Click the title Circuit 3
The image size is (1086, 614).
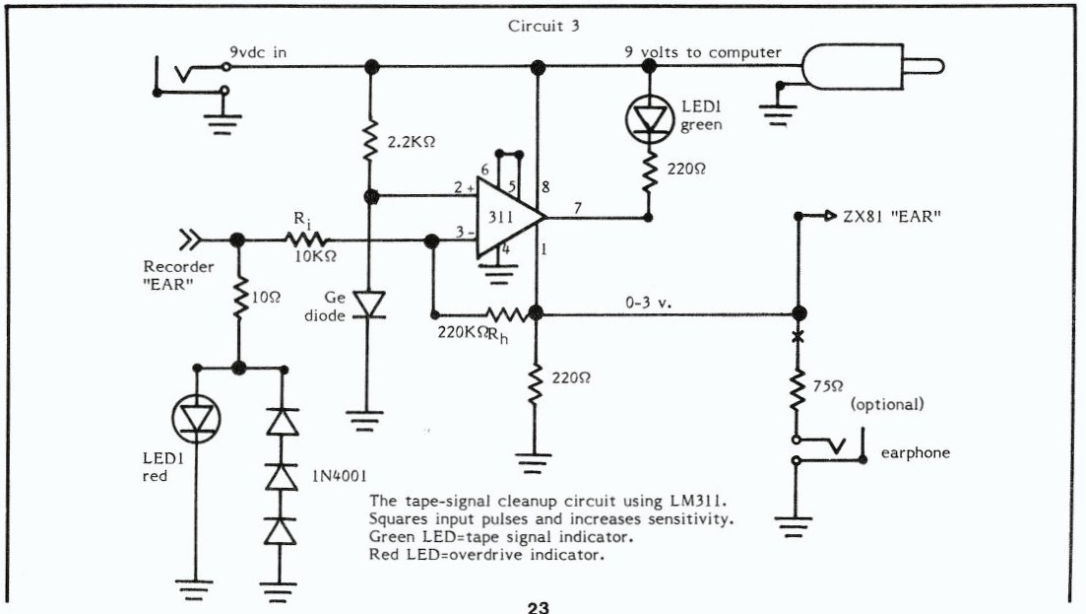pos(543,26)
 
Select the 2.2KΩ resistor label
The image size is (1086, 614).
pos(412,142)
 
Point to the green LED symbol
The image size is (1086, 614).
pos(650,119)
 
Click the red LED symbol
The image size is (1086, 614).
pos(196,418)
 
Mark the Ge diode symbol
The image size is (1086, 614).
pos(369,305)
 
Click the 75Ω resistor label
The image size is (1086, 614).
pos(828,386)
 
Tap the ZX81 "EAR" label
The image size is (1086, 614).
pos(892,216)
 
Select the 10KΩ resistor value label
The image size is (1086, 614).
pos(316,256)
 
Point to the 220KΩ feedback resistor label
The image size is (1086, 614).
pos(461,333)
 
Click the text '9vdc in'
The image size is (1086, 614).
pos(258,52)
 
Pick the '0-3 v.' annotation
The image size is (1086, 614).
pos(648,303)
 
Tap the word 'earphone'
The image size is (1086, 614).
pos(915,453)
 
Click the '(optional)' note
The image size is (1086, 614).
pos(887,404)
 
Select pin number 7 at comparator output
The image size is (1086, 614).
pos(578,208)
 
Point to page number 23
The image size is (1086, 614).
pos(539,608)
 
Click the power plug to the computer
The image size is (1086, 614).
pos(872,67)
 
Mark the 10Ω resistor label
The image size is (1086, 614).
pos(266,298)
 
